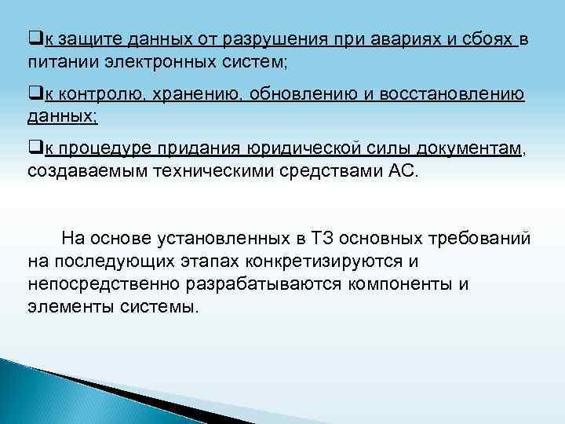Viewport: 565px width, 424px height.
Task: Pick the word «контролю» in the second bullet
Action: [x=95, y=96]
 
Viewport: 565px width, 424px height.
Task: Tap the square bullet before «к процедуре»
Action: [x=33, y=151]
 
